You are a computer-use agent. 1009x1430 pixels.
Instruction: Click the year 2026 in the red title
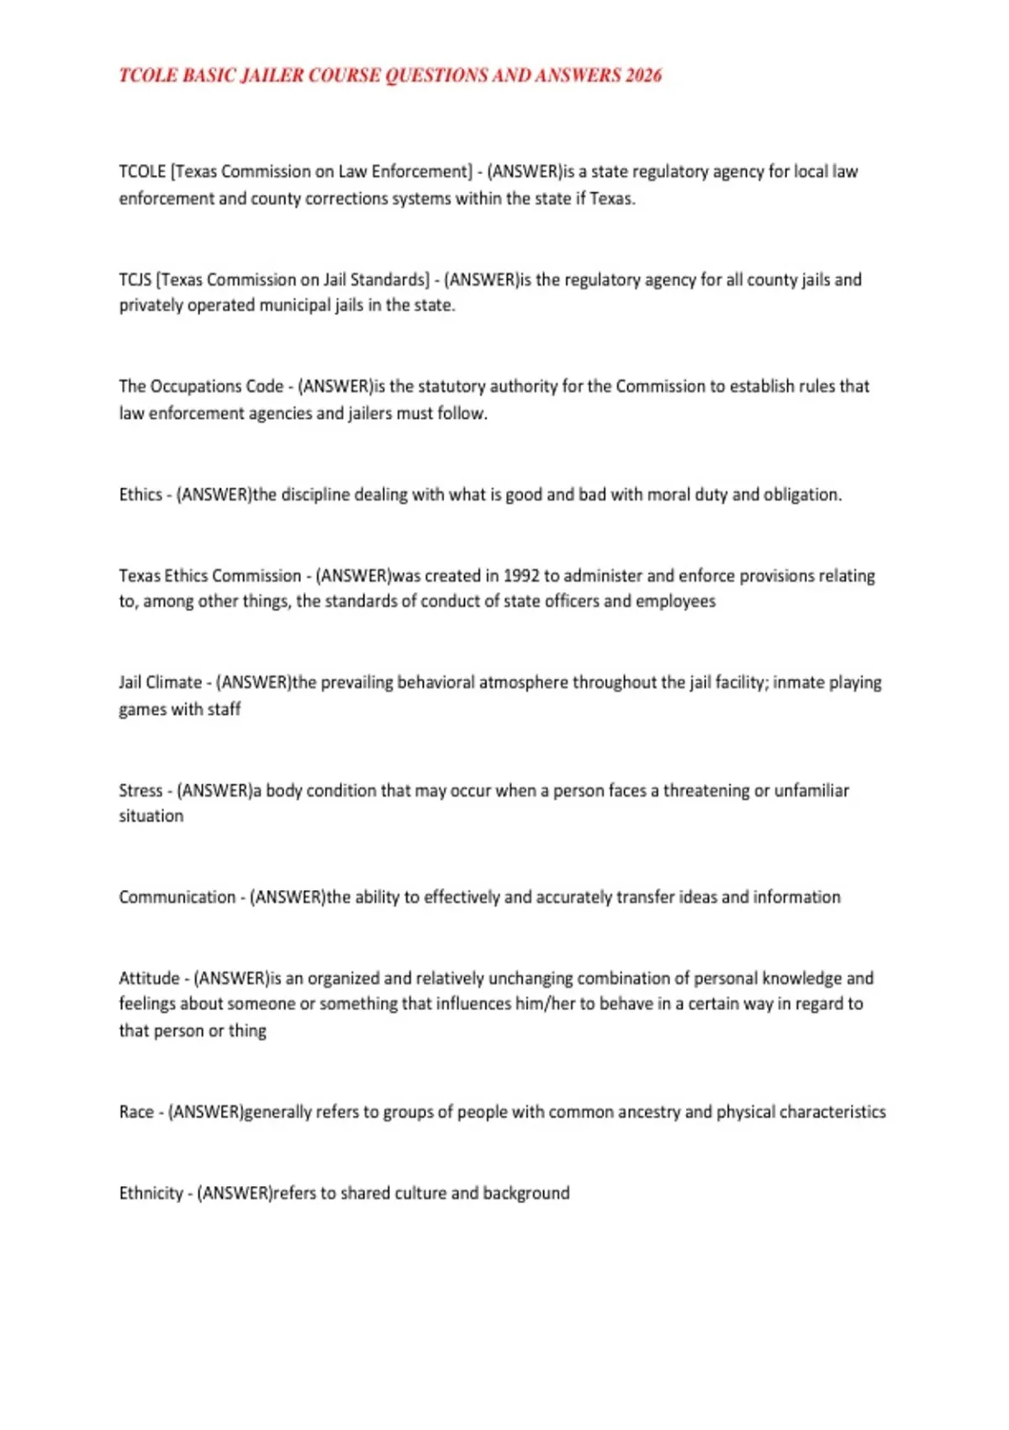(x=643, y=76)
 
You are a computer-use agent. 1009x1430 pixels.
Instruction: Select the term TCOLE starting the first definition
(x=142, y=172)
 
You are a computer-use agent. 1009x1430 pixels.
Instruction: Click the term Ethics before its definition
(x=140, y=495)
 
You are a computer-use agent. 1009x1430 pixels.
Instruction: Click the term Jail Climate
(x=161, y=682)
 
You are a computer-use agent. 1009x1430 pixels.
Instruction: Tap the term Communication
(x=177, y=897)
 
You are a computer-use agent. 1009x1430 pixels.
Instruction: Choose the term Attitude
(x=149, y=978)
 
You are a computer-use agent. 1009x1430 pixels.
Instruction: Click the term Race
(x=136, y=1112)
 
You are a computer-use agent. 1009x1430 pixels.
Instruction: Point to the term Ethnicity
(x=151, y=1193)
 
